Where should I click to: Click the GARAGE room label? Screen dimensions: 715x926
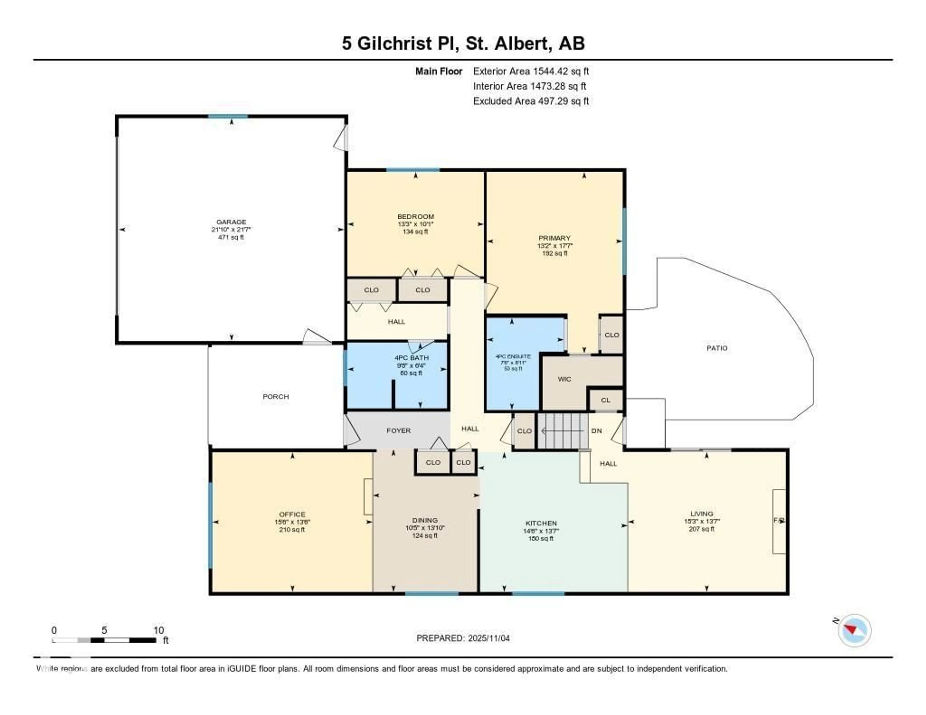click(x=231, y=222)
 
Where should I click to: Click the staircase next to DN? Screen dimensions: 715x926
click(x=563, y=431)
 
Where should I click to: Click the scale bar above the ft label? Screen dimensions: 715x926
click(x=104, y=640)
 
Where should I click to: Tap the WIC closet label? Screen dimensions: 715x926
click(x=564, y=379)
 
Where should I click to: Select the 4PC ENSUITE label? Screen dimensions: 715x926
click(x=513, y=357)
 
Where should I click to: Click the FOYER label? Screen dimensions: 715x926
click(x=399, y=431)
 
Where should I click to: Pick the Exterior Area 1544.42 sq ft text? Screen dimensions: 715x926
click(x=531, y=71)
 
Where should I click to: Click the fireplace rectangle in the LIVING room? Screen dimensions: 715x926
click(x=779, y=521)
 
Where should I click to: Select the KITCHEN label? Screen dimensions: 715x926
click(x=541, y=523)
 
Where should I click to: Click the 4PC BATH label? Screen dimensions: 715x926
click(x=411, y=358)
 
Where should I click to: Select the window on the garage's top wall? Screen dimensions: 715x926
click(x=228, y=116)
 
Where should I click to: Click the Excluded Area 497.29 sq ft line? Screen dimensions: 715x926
click(x=531, y=101)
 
